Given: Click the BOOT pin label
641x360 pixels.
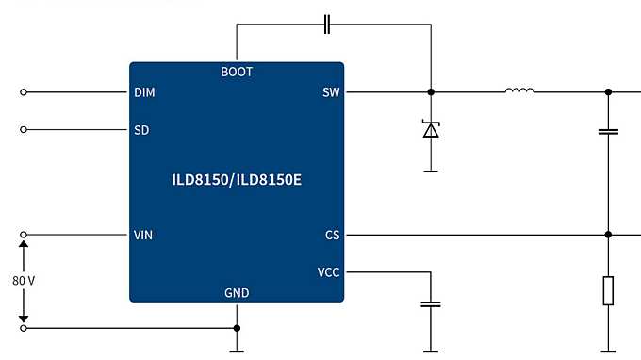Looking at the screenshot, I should click(237, 72).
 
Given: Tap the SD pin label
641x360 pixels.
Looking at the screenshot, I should click(141, 129).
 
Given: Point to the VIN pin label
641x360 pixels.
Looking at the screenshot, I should click(143, 235).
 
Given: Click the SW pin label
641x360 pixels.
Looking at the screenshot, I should click(330, 92).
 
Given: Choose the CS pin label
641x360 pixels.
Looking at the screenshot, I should click(331, 235).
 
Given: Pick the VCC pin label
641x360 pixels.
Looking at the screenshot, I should click(328, 272).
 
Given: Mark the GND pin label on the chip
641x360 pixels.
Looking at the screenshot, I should click(237, 293).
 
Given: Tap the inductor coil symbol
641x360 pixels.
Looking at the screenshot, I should click(519, 91).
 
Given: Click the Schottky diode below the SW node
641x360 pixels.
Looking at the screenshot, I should click(431, 130).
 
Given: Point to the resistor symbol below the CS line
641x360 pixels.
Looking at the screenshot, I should click(609, 290).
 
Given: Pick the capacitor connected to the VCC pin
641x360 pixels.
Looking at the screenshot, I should click(431, 304).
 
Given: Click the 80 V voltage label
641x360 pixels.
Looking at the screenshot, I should click(24, 281).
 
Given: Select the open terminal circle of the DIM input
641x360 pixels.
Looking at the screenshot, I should click(24, 92).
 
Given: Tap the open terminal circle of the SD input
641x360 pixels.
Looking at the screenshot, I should click(24, 129).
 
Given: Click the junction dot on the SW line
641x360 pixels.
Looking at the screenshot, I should click(431, 92).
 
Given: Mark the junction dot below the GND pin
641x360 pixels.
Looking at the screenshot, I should click(237, 328).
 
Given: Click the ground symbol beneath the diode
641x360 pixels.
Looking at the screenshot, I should click(431, 171).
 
